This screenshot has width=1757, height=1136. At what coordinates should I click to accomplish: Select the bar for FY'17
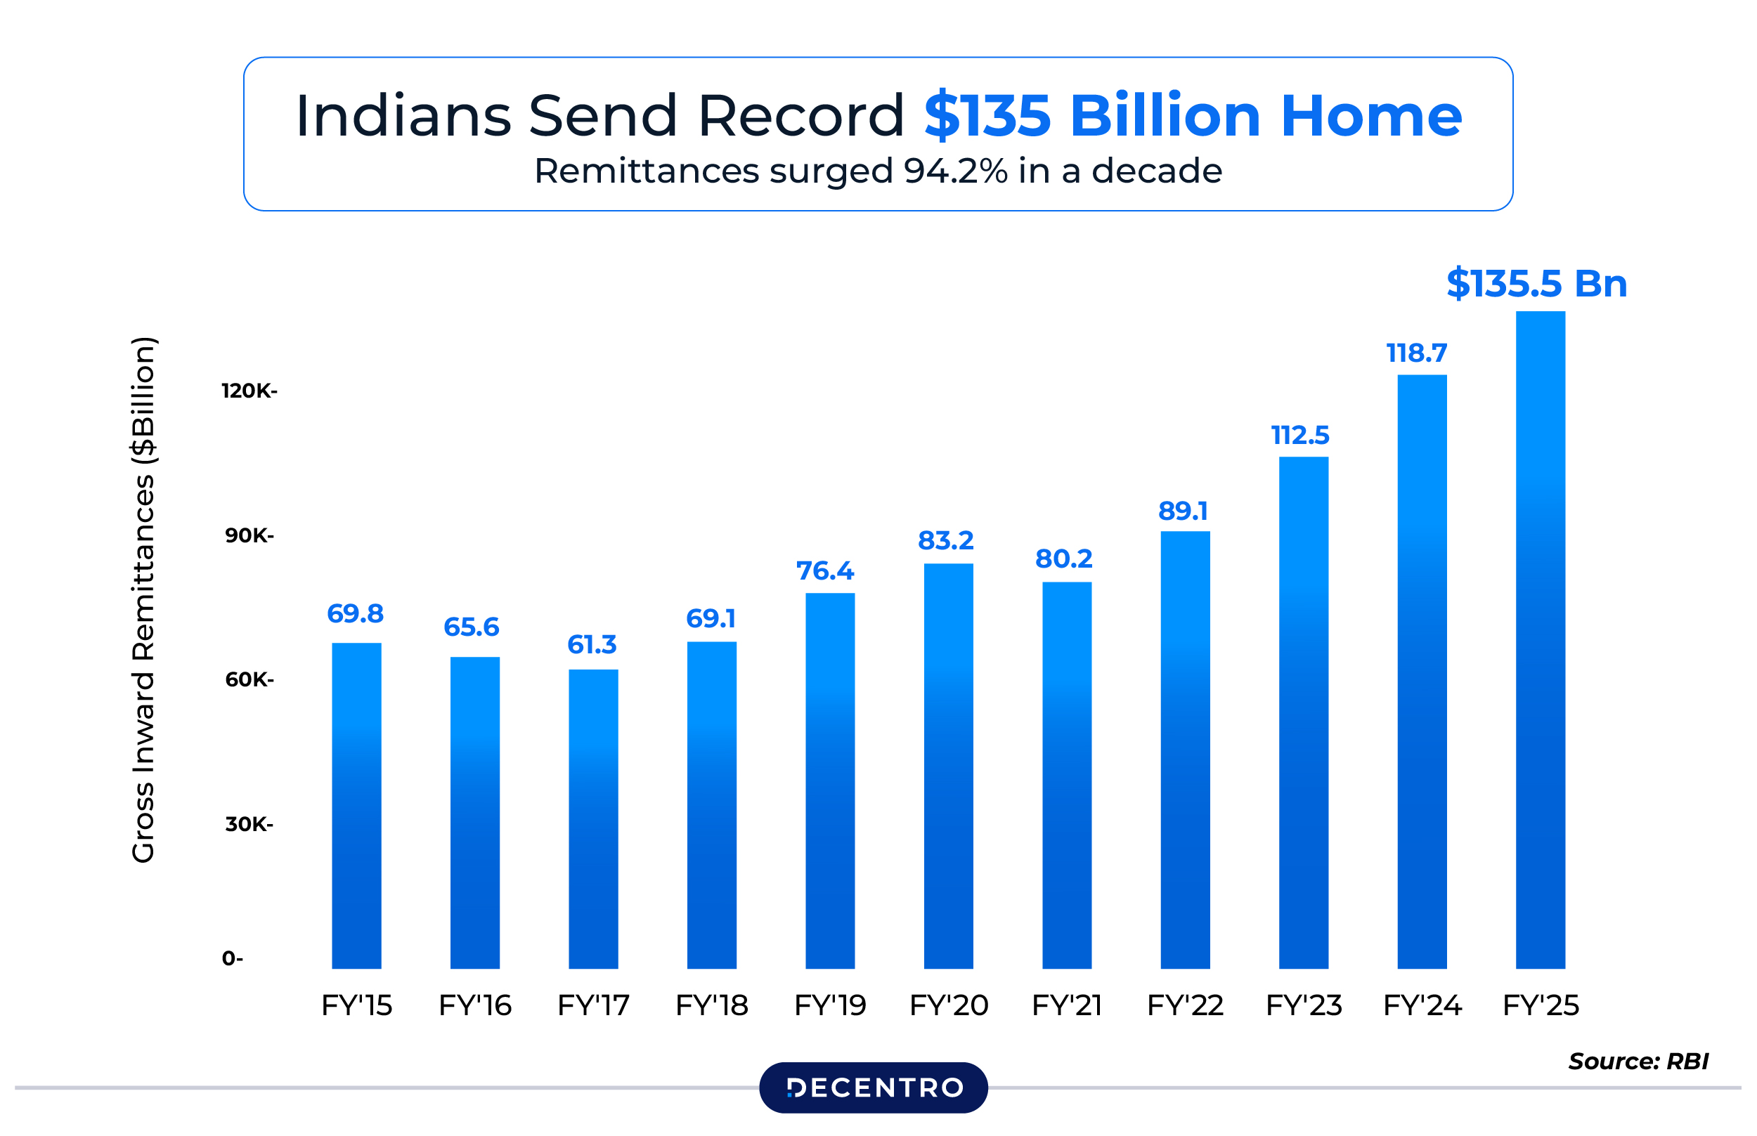(x=593, y=819)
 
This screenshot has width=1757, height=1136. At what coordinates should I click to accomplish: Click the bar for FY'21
(x=1066, y=774)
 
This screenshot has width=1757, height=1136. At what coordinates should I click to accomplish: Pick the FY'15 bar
(x=356, y=806)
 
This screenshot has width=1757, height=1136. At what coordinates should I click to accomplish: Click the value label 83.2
(x=945, y=541)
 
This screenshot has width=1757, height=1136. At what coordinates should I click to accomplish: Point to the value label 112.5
(x=1299, y=436)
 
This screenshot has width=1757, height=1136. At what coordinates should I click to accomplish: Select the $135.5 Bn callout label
(x=1536, y=283)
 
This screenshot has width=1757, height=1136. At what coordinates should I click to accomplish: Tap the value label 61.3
(x=591, y=645)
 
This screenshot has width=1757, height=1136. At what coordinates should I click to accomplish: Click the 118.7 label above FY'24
(x=1416, y=353)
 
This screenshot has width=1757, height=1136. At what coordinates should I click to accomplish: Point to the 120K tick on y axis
(x=249, y=391)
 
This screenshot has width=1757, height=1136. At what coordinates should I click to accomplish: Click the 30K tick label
(x=249, y=824)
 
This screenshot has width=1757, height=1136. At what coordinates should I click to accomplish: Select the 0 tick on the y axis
(x=232, y=958)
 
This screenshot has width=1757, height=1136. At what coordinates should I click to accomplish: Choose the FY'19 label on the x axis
(x=829, y=1005)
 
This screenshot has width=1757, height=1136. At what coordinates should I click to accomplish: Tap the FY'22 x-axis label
(x=1185, y=1005)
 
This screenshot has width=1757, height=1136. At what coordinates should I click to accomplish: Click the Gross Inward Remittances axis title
(x=143, y=599)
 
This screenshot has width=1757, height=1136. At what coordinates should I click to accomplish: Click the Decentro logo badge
(x=873, y=1088)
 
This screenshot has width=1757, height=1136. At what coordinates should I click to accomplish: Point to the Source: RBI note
(x=1638, y=1061)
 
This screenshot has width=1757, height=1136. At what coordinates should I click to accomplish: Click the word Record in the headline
(x=800, y=116)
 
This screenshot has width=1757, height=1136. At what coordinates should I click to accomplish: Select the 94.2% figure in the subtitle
(x=956, y=171)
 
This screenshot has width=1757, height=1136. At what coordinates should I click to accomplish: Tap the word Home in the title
(x=1371, y=116)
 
